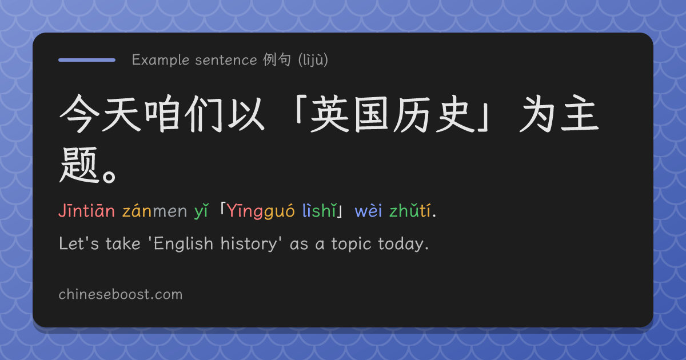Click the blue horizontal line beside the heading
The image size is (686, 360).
coord(87,60)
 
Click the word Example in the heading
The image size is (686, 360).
coord(161,60)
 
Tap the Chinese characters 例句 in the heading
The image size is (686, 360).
coord(277,59)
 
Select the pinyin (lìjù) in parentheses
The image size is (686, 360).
coord(313,60)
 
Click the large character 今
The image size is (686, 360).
coord(79,114)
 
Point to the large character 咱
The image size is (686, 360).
coord(162,114)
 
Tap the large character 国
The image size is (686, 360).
coord(371,114)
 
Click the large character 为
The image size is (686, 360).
coord(538,114)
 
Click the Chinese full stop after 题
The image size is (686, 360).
coord(109,177)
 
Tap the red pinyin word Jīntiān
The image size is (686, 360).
coord(87,211)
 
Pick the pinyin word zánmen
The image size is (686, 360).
coord(155,211)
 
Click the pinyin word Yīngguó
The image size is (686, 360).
coord(261,211)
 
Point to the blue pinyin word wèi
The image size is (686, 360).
coord(368,211)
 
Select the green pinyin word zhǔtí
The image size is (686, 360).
coord(410,211)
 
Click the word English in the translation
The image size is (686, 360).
coord(183,243)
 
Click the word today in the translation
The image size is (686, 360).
coord(401,245)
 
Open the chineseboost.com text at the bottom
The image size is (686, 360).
coord(121,294)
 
